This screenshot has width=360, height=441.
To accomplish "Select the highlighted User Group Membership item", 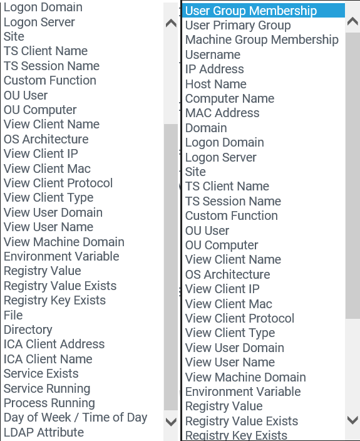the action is (x=250, y=11).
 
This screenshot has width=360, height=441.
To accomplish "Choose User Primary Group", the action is (x=238, y=25).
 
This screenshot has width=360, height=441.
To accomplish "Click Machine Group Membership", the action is (x=262, y=39).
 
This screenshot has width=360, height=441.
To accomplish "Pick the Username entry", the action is (x=213, y=54).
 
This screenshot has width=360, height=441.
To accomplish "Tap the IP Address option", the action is (x=214, y=69).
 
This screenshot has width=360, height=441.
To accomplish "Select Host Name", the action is (x=215, y=84).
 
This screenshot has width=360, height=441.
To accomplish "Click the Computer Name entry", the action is (x=230, y=98).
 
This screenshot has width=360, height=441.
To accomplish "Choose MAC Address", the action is (x=222, y=113).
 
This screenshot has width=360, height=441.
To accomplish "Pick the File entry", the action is (x=13, y=315).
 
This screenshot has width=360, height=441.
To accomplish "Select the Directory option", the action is (x=28, y=329).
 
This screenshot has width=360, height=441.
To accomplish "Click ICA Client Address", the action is (x=54, y=344).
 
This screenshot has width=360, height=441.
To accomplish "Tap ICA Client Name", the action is (x=48, y=359).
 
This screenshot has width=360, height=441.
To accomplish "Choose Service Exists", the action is (x=41, y=373).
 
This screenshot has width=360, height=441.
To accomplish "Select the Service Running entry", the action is (x=47, y=388).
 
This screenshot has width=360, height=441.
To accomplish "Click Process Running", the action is (x=49, y=403).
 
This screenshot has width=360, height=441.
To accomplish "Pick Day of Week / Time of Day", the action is (x=75, y=418).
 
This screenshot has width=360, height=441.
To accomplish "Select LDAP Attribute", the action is (x=44, y=432).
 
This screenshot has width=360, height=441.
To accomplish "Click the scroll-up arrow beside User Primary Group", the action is (x=352, y=21).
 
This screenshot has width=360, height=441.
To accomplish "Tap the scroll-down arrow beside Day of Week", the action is (x=171, y=422).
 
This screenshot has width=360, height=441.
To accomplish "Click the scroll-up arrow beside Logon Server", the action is (x=171, y=23).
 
